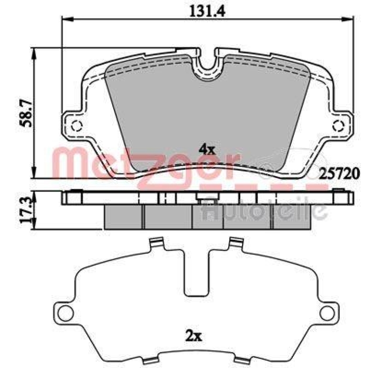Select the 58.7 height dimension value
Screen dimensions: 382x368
tap(26, 112)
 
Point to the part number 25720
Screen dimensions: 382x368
tap(340, 174)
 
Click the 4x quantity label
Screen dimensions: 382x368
tap(207, 149)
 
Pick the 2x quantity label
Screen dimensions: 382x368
tap(193, 336)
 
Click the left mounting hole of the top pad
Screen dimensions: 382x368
tap(76, 126)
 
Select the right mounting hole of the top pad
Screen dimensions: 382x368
tap(339, 126)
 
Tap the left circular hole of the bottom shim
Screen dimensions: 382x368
tap(66, 313)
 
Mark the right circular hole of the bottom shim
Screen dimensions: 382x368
tap(327, 313)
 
